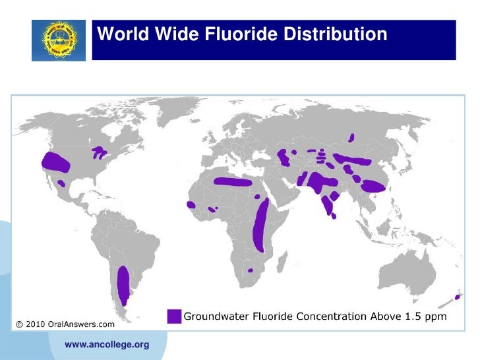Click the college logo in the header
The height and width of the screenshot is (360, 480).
point(59,40)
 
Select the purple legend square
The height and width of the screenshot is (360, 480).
point(174,316)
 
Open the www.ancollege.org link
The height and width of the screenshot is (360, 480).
point(106,344)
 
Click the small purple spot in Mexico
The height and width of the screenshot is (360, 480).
point(61,183)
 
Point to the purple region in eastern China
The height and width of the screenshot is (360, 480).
point(374,186)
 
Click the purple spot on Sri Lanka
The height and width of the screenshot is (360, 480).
point(336,216)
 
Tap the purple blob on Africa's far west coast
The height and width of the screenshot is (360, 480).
point(191,206)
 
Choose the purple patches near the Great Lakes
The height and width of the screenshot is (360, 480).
point(100,152)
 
